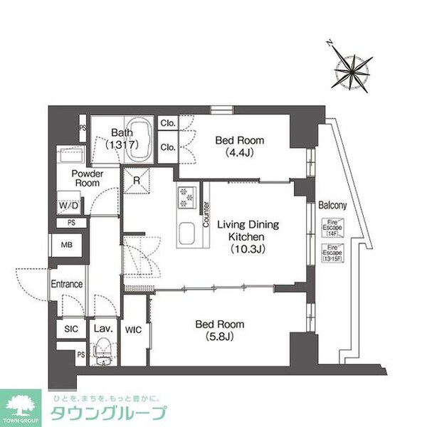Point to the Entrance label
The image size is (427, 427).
coord(67,284)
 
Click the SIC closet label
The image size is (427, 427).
coord(70,330)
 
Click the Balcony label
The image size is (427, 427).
coord(332,206)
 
